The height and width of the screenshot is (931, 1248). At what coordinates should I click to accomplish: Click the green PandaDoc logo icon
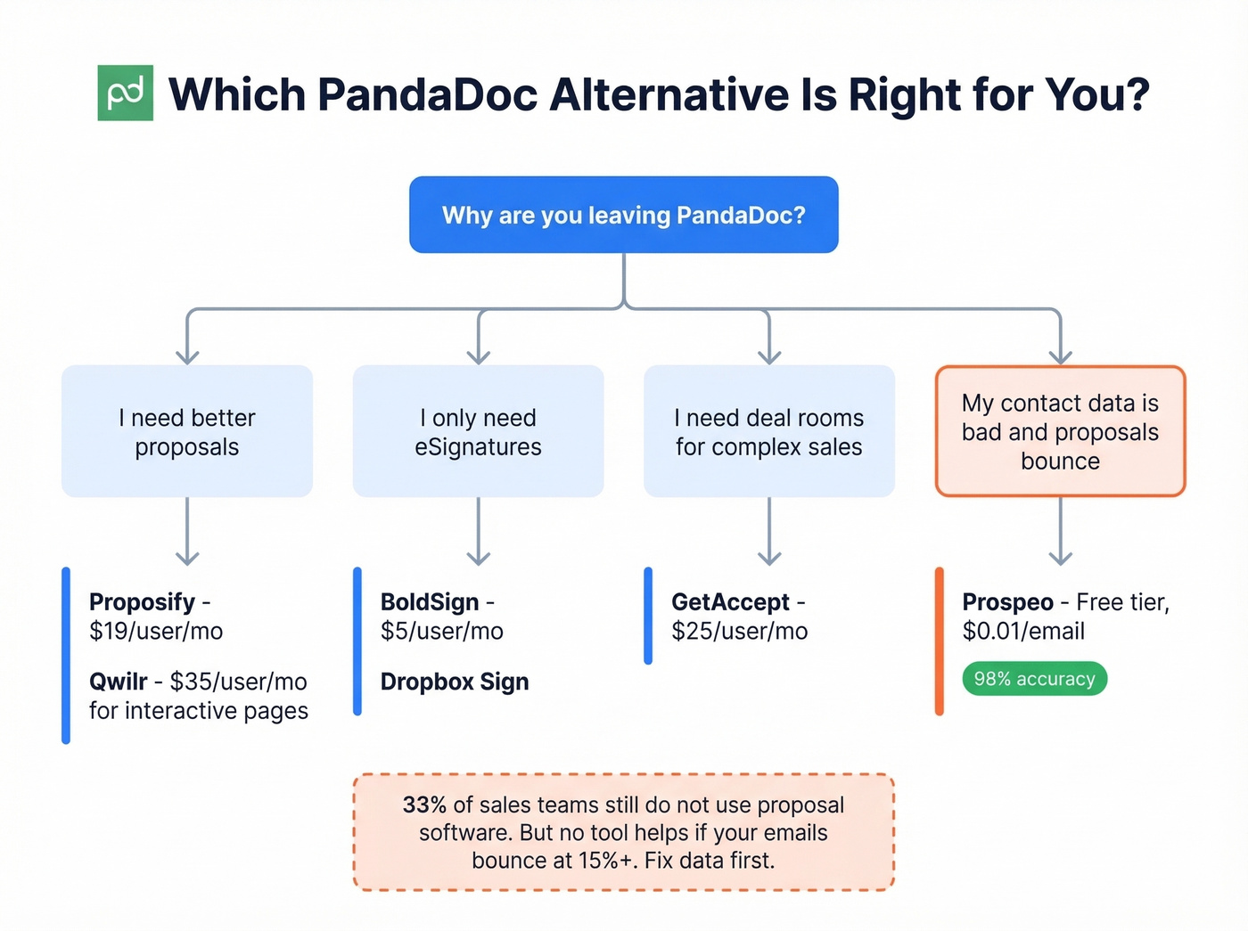pyautogui.click(x=125, y=93)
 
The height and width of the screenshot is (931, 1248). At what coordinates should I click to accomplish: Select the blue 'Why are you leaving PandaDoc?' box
pyautogui.click(x=623, y=215)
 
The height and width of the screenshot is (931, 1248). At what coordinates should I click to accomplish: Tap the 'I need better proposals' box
pyautogui.click(x=187, y=431)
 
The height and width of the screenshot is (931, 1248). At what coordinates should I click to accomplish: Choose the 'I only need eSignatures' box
pyautogui.click(x=478, y=431)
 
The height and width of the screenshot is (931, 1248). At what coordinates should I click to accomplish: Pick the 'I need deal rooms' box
pyautogui.click(x=768, y=431)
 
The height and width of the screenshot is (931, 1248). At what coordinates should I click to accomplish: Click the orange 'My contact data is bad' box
pyautogui.click(x=1060, y=431)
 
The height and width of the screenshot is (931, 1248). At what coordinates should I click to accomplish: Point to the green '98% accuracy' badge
pyautogui.click(x=1034, y=679)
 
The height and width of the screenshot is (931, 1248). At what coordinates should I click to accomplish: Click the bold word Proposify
pyautogui.click(x=142, y=602)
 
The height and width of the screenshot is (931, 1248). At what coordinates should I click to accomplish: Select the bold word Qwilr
pyautogui.click(x=118, y=682)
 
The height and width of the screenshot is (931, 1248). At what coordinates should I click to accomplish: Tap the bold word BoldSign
pyautogui.click(x=430, y=602)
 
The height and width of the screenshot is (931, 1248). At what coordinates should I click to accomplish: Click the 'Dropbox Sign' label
pyautogui.click(x=455, y=682)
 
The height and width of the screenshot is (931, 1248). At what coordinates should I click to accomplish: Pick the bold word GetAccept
pyautogui.click(x=730, y=602)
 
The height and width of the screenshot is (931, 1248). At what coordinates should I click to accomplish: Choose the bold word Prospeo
pyautogui.click(x=1007, y=602)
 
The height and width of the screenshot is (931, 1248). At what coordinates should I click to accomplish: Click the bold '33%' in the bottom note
pyautogui.click(x=424, y=804)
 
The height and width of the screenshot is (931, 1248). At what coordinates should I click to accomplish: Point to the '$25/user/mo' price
pyautogui.click(x=739, y=631)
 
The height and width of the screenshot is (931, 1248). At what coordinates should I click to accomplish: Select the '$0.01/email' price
pyautogui.click(x=1023, y=631)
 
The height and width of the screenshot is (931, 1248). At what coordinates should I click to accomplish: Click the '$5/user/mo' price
pyautogui.click(x=441, y=631)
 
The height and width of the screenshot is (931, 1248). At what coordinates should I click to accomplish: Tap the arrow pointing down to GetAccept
pyautogui.click(x=768, y=533)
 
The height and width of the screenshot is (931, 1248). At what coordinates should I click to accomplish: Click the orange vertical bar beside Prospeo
pyautogui.click(x=939, y=641)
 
